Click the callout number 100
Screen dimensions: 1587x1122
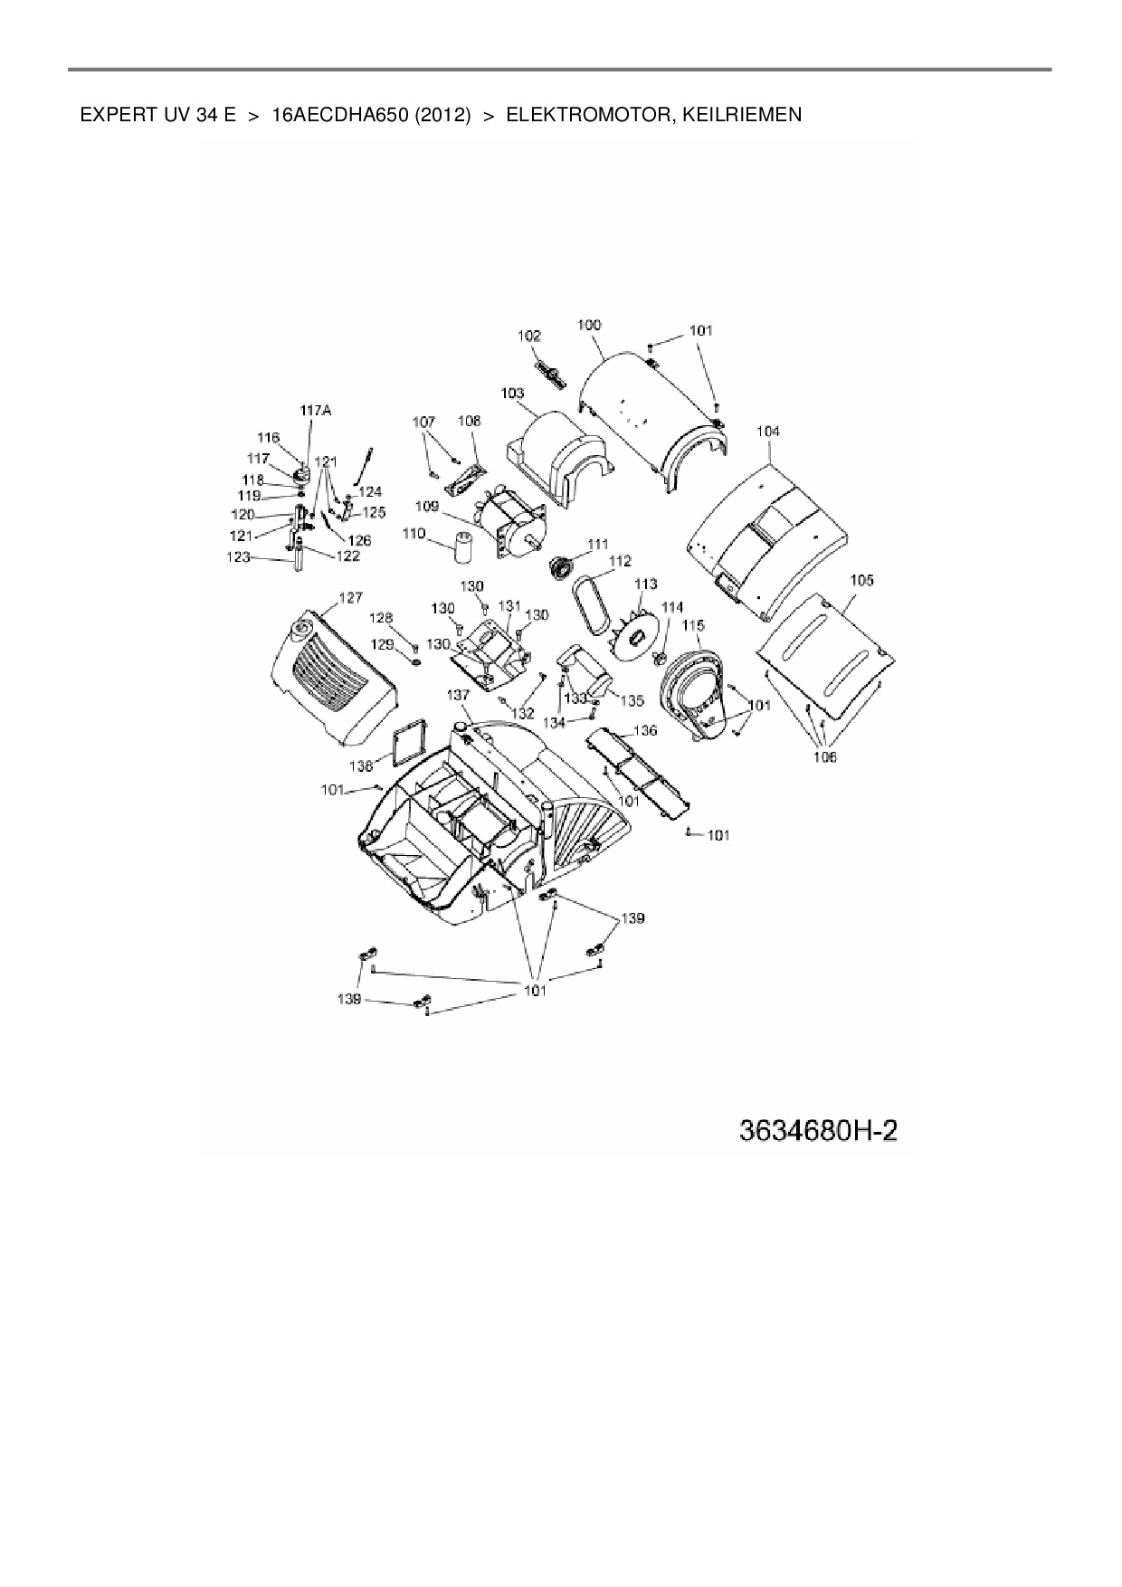point(589,325)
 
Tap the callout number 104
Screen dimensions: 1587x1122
point(768,432)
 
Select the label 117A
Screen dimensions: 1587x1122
point(316,411)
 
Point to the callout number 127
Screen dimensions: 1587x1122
point(350,597)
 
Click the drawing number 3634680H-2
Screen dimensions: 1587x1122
point(818,1131)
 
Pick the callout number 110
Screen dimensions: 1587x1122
point(414,535)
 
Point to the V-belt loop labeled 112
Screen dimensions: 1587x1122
point(588,599)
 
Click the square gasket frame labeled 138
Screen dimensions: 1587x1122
point(405,742)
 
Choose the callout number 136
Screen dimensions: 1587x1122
point(645,729)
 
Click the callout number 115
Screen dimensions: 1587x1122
point(693,625)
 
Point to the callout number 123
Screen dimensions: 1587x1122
point(238,558)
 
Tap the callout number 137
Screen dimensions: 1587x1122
point(459,694)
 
